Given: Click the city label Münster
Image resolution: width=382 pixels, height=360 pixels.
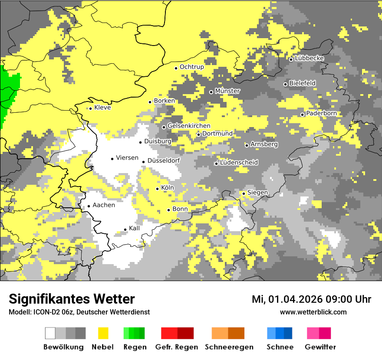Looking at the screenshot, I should (227, 91).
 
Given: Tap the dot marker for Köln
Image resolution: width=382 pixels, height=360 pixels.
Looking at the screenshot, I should (158, 189).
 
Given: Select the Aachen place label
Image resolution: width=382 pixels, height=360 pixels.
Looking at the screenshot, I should (104, 205).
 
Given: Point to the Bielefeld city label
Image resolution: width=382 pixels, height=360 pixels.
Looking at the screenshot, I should (302, 83).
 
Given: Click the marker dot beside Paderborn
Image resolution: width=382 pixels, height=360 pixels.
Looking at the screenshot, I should (303, 115).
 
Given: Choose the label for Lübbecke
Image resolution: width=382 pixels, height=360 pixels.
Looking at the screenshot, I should (309, 58).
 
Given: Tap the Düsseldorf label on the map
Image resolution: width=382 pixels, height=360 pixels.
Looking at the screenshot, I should (164, 160).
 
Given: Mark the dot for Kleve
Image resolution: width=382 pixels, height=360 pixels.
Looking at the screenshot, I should (90, 108).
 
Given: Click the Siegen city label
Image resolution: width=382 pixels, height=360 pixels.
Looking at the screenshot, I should (257, 192).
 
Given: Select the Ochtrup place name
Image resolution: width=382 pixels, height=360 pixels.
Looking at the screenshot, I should (192, 67).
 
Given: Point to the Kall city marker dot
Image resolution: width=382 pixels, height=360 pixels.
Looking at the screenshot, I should (125, 229).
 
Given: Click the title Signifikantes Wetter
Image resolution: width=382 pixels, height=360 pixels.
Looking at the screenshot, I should (72, 299).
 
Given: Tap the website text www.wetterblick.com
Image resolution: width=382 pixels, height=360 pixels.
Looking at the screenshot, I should (313, 312).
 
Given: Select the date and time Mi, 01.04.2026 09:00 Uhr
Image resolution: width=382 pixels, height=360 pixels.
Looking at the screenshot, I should (311, 299).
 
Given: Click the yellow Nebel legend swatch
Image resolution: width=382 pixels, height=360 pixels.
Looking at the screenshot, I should (103, 333).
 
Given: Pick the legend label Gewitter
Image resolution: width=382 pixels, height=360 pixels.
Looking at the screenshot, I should (320, 347).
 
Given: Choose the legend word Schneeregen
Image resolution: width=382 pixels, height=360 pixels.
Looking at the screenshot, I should (228, 347).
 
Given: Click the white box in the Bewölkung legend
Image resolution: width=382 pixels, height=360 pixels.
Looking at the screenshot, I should (50, 333).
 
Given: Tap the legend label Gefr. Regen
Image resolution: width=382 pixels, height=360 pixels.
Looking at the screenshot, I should (177, 347).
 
